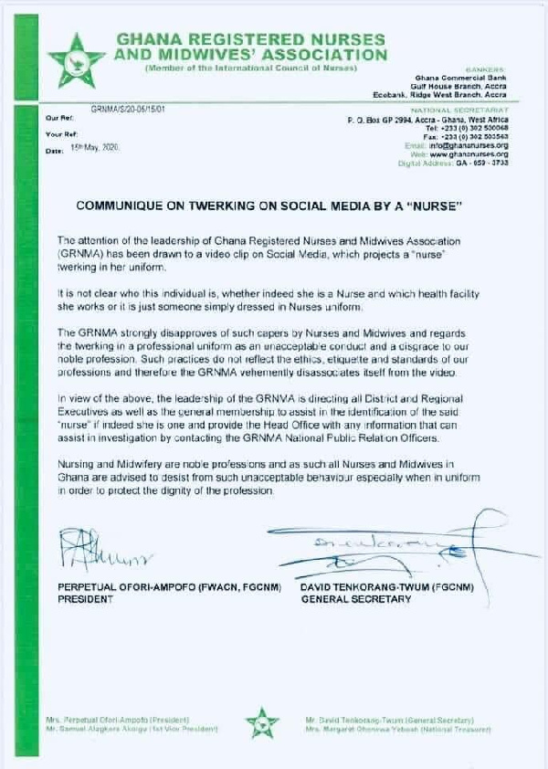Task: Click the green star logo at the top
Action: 77,57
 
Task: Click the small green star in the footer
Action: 262,723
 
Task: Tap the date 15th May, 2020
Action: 94,147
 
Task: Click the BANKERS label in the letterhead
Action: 488,69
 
